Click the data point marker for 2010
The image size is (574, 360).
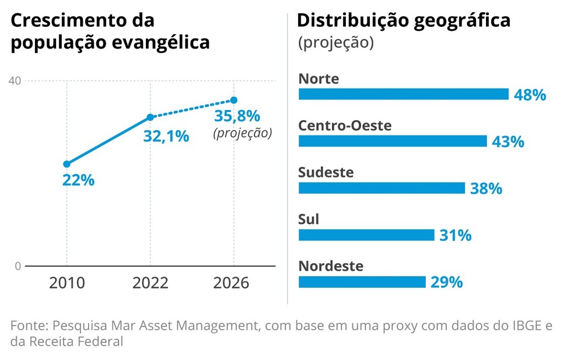tap(66, 164)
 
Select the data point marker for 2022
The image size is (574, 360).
tap(150, 117)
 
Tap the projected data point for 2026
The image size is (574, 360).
tap(234, 100)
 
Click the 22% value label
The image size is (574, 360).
tap(78, 180)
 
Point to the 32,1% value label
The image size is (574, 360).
tap(166, 136)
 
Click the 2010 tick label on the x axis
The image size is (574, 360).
tap(66, 283)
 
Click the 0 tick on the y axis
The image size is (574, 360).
tap(17, 266)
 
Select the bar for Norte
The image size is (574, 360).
tap(403, 95)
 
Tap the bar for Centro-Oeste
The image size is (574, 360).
tap(392, 141)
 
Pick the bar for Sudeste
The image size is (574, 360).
tap(381, 188)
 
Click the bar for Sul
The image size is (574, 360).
tap(366, 235)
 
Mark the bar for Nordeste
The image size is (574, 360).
tap(362, 282)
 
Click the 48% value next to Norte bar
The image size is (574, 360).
tap(530, 95)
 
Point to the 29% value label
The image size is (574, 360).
tap(446, 282)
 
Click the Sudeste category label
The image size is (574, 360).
tap(325, 173)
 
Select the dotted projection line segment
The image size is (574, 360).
tap(192, 109)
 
